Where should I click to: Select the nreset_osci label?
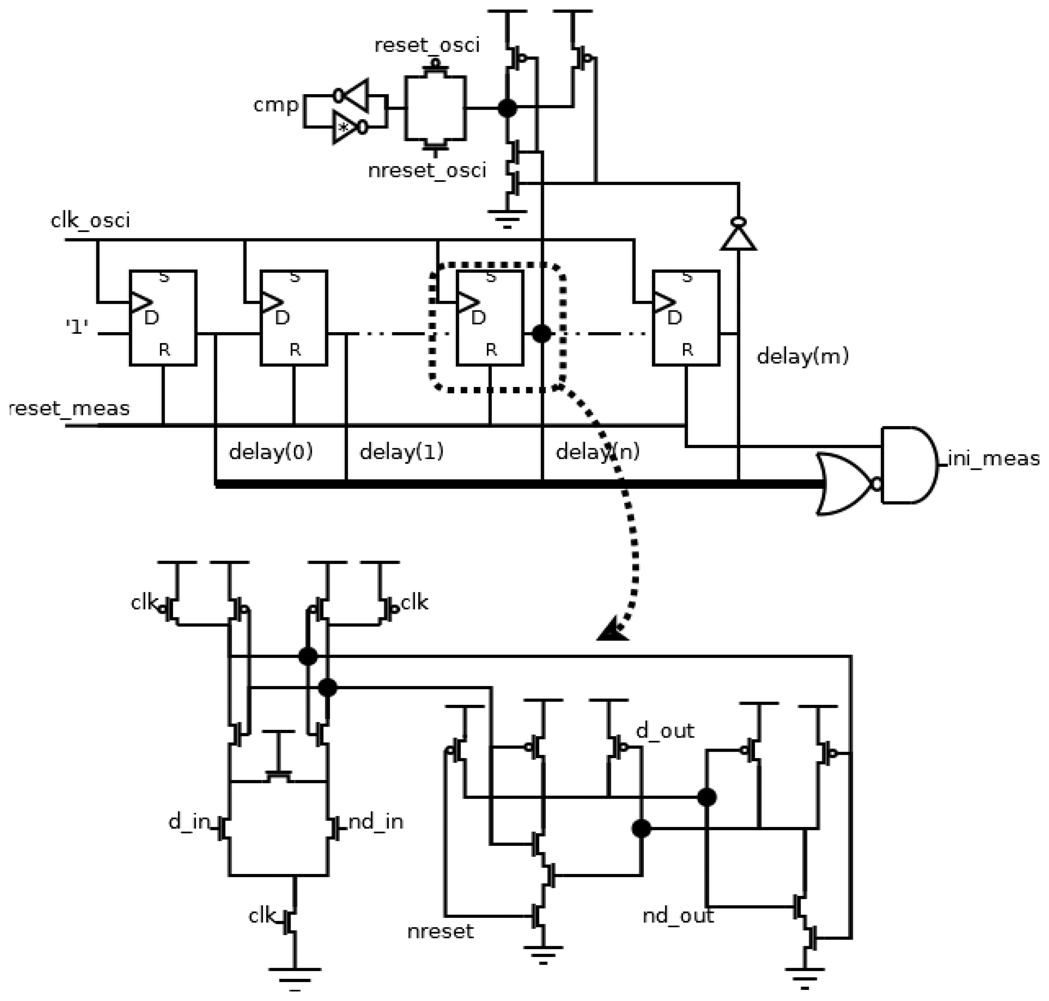(427, 171)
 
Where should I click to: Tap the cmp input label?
(276, 104)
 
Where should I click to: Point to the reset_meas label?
(69, 409)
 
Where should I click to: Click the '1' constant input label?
(77, 326)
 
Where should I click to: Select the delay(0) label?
(270, 452)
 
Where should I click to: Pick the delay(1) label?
(401, 452)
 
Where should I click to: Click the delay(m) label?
(802, 356)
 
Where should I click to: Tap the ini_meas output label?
(993, 459)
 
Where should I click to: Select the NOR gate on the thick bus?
(845, 484)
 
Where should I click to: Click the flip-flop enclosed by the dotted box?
(490, 318)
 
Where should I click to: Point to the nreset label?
(440, 931)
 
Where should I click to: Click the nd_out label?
(678, 916)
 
